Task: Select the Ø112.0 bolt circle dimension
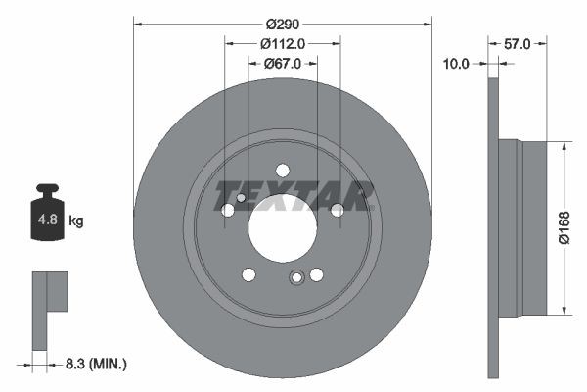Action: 283,42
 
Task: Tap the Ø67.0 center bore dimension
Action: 283,64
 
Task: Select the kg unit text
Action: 76,221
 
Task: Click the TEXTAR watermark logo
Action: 294,196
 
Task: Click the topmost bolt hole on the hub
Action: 283,170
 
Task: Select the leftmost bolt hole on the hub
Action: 228,210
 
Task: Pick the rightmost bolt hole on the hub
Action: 338,210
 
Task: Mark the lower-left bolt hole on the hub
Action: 248,274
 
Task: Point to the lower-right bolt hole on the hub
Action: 316,274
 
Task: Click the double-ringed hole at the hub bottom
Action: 296,278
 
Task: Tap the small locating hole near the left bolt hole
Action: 241,198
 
